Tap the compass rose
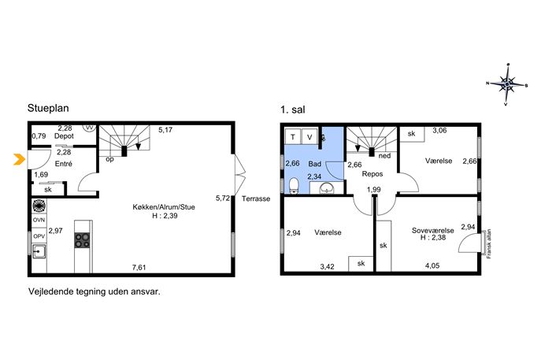[506, 84]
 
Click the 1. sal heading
[293, 109]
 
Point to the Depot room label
[64, 136]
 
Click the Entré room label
[64, 164]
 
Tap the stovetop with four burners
[82, 240]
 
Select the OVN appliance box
[39, 220]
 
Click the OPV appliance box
[39, 236]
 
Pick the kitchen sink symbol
[39, 251]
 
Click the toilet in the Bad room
[294, 187]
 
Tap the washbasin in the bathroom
[326, 188]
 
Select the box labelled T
[293, 137]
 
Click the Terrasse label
[256, 199]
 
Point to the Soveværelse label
[432, 230]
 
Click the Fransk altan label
[488, 244]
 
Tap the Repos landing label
[372, 174]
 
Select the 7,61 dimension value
[139, 267]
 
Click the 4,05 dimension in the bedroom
[432, 265]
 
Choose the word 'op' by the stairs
[109, 159]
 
